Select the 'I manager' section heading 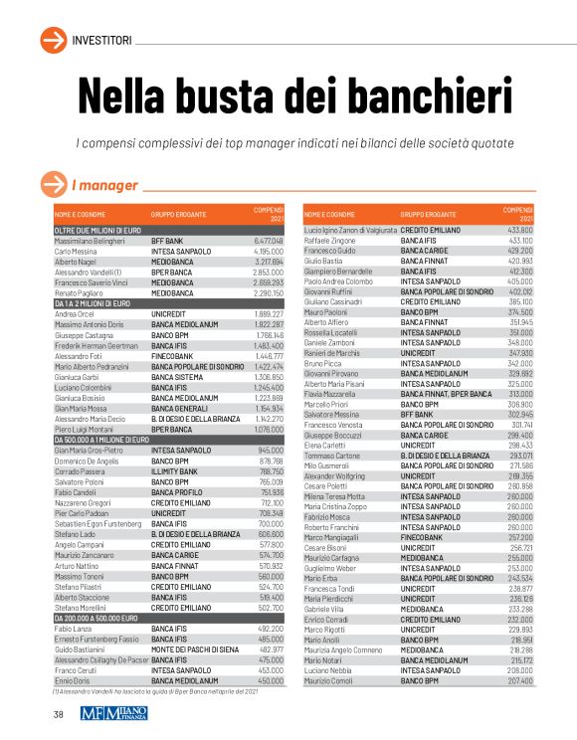[x=104, y=185]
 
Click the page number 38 [x=59, y=715]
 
